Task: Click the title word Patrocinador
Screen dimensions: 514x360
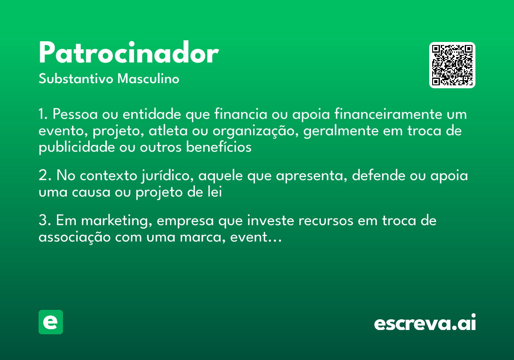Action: pyautogui.click(x=129, y=52)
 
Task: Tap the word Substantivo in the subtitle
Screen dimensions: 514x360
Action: pyautogui.click(x=76, y=78)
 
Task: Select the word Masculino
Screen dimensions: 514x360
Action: pyautogui.click(x=148, y=78)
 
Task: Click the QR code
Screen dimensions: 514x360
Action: pyautogui.click(x=452, y=65)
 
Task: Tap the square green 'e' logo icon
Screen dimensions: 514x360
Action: pyautogui.click(x=51, y=322)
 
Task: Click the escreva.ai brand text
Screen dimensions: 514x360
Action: pyautogui.click(x=425, y=322)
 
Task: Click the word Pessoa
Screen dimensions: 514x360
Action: pyautogui.click(x=75, y=114)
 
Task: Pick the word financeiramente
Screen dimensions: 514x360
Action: pyautogui.click(x=388, y=114)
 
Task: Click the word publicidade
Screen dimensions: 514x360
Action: pyautogui.click(x=77, y=147)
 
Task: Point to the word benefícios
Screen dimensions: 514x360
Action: pyautogui.click(x=219, y=147)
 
